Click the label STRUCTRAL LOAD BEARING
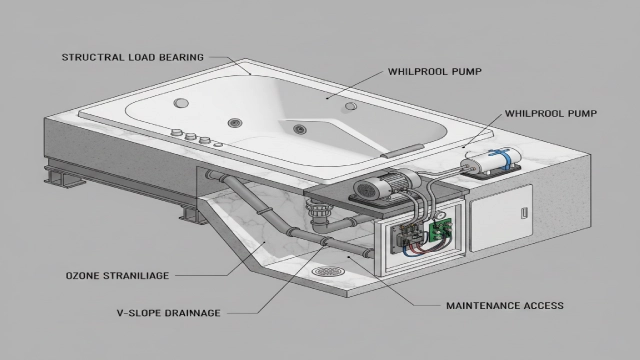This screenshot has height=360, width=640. [132, 57]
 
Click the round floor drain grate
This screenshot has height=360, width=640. [324, 270]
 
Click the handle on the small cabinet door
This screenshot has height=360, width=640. [524, 214]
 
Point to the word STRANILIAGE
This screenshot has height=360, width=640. [151, 274]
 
